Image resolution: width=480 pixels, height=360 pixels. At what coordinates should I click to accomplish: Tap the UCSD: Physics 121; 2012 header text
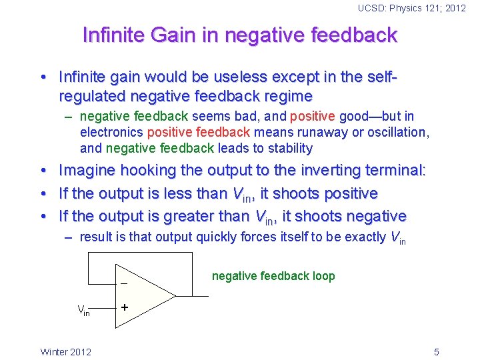pos(411,8)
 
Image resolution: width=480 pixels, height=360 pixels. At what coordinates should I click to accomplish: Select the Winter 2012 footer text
pos(66,352)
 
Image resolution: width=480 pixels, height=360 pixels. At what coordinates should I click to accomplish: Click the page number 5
pos(436,352)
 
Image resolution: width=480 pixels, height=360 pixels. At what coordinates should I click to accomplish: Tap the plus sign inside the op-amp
pos(124,308)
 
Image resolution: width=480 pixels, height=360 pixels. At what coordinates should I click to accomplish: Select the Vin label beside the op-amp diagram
pos(83,310)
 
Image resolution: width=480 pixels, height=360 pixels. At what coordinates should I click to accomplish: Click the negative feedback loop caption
pos(273,276)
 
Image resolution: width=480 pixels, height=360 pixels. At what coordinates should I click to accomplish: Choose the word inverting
pos(323,171)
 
